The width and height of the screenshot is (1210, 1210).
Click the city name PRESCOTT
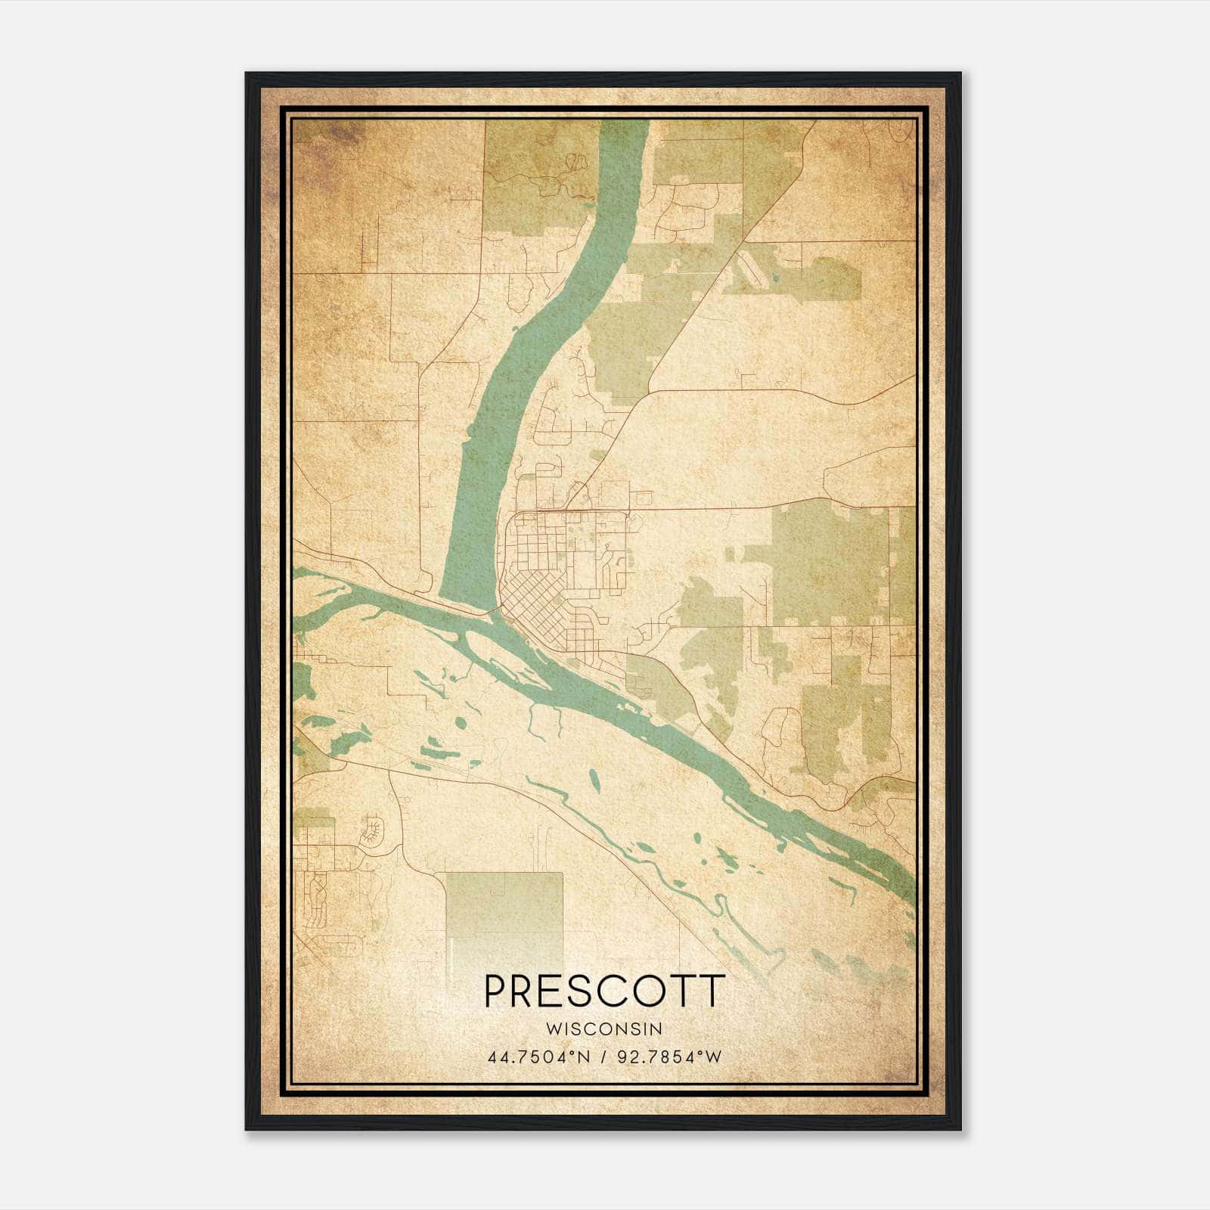tap(604, 991)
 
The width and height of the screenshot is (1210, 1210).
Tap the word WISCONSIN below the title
tap(604, 1028)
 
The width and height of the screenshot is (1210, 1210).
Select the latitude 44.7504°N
tap(538, 1056)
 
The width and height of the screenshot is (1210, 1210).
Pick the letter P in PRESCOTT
tap(496, 991)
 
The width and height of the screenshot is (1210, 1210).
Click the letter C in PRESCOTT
tap(613, 991)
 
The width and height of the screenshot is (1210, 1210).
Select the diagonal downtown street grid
tap(533, 609)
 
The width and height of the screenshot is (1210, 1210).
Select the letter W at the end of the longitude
tap(715, 1056)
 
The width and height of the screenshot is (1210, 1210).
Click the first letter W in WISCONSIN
tap(552, 1028)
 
